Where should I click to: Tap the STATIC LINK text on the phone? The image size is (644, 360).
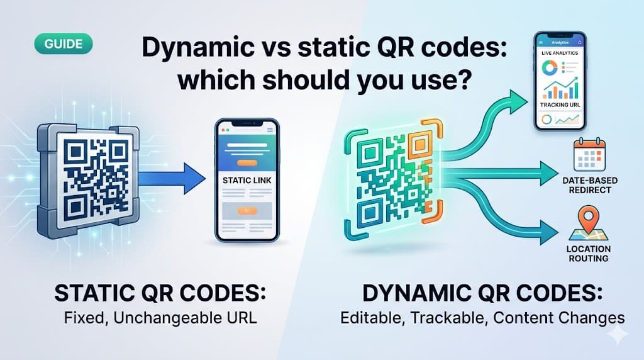(x=247, y=181)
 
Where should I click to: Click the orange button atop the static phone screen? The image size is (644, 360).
(x=247, y=163)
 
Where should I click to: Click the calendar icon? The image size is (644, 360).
(x=589, y=155)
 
